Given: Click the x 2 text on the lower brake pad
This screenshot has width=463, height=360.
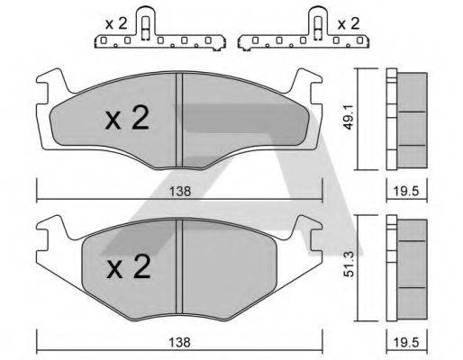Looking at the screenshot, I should point(126,266).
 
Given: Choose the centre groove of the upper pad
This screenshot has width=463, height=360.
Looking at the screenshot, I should point(179,117).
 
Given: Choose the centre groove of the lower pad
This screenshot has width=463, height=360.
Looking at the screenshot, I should point(180,265).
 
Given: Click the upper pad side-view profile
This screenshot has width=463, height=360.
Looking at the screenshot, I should point(407,119).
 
